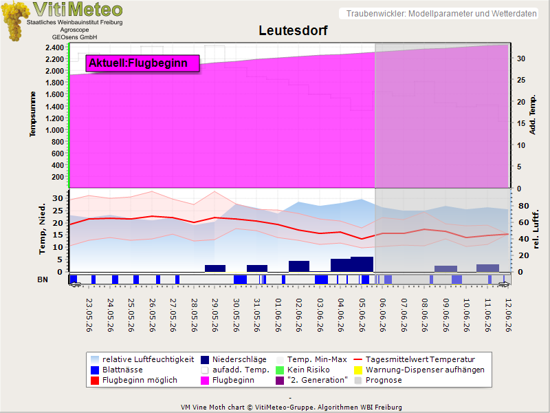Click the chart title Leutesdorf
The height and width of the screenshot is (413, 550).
tap(293, 30)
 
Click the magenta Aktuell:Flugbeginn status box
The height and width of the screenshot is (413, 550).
tap(142, 63)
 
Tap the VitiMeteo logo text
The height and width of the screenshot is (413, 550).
tap(78, 10)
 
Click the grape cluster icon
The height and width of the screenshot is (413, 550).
tap(14, 21)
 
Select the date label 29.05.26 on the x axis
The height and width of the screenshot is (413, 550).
tap(215, 315)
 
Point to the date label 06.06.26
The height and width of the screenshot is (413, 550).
tap(383, 315)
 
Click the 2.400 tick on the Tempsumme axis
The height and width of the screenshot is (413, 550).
tap(54, 47)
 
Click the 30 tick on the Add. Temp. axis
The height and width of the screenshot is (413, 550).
tap(521, 59)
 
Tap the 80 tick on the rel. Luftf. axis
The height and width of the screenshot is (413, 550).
tap(524, 206)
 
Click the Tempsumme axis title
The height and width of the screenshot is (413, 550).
tap(32, 114)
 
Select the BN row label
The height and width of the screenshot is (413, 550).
tap(43, 279)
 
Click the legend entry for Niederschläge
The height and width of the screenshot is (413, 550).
tap(233, 359)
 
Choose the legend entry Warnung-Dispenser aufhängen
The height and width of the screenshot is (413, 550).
tap(419, 370)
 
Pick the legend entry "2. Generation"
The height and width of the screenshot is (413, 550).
tap(311, 380)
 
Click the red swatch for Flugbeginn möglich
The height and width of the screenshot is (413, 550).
tap(95, 381)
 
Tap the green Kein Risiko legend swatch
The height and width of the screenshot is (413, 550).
tap(280, 370)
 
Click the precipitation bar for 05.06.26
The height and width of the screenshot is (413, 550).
tap(362, 264)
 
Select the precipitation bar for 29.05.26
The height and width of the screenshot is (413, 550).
tap(215, 268)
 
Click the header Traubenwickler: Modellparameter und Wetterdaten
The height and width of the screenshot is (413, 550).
tap(441, 14)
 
